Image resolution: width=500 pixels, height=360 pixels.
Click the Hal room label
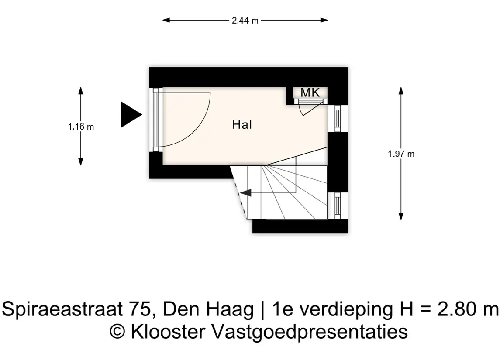[x=242, y=124]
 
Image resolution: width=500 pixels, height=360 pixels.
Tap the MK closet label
[x=310, y=93]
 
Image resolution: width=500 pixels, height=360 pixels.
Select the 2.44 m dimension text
[x=245, y=21]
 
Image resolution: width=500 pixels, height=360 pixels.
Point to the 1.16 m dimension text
[x=81, y=127]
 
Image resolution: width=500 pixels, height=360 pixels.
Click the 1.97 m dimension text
[x=401, y=154]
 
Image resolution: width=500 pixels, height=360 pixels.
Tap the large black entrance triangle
[x=131, y=115]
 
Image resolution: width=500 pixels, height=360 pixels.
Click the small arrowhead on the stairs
[x=246, y=193]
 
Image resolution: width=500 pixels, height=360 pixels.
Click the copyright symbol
[x=117, y=332]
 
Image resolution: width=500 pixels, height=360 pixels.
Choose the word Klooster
[x=168, y=331]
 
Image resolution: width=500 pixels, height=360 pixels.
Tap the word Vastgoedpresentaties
[x=310, y=332]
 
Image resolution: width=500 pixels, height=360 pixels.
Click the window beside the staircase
[x=338, y=206]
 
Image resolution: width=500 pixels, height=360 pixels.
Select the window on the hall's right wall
[x=338, y=118]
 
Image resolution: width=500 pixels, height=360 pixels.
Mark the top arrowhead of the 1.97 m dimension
[x=401, y=91]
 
